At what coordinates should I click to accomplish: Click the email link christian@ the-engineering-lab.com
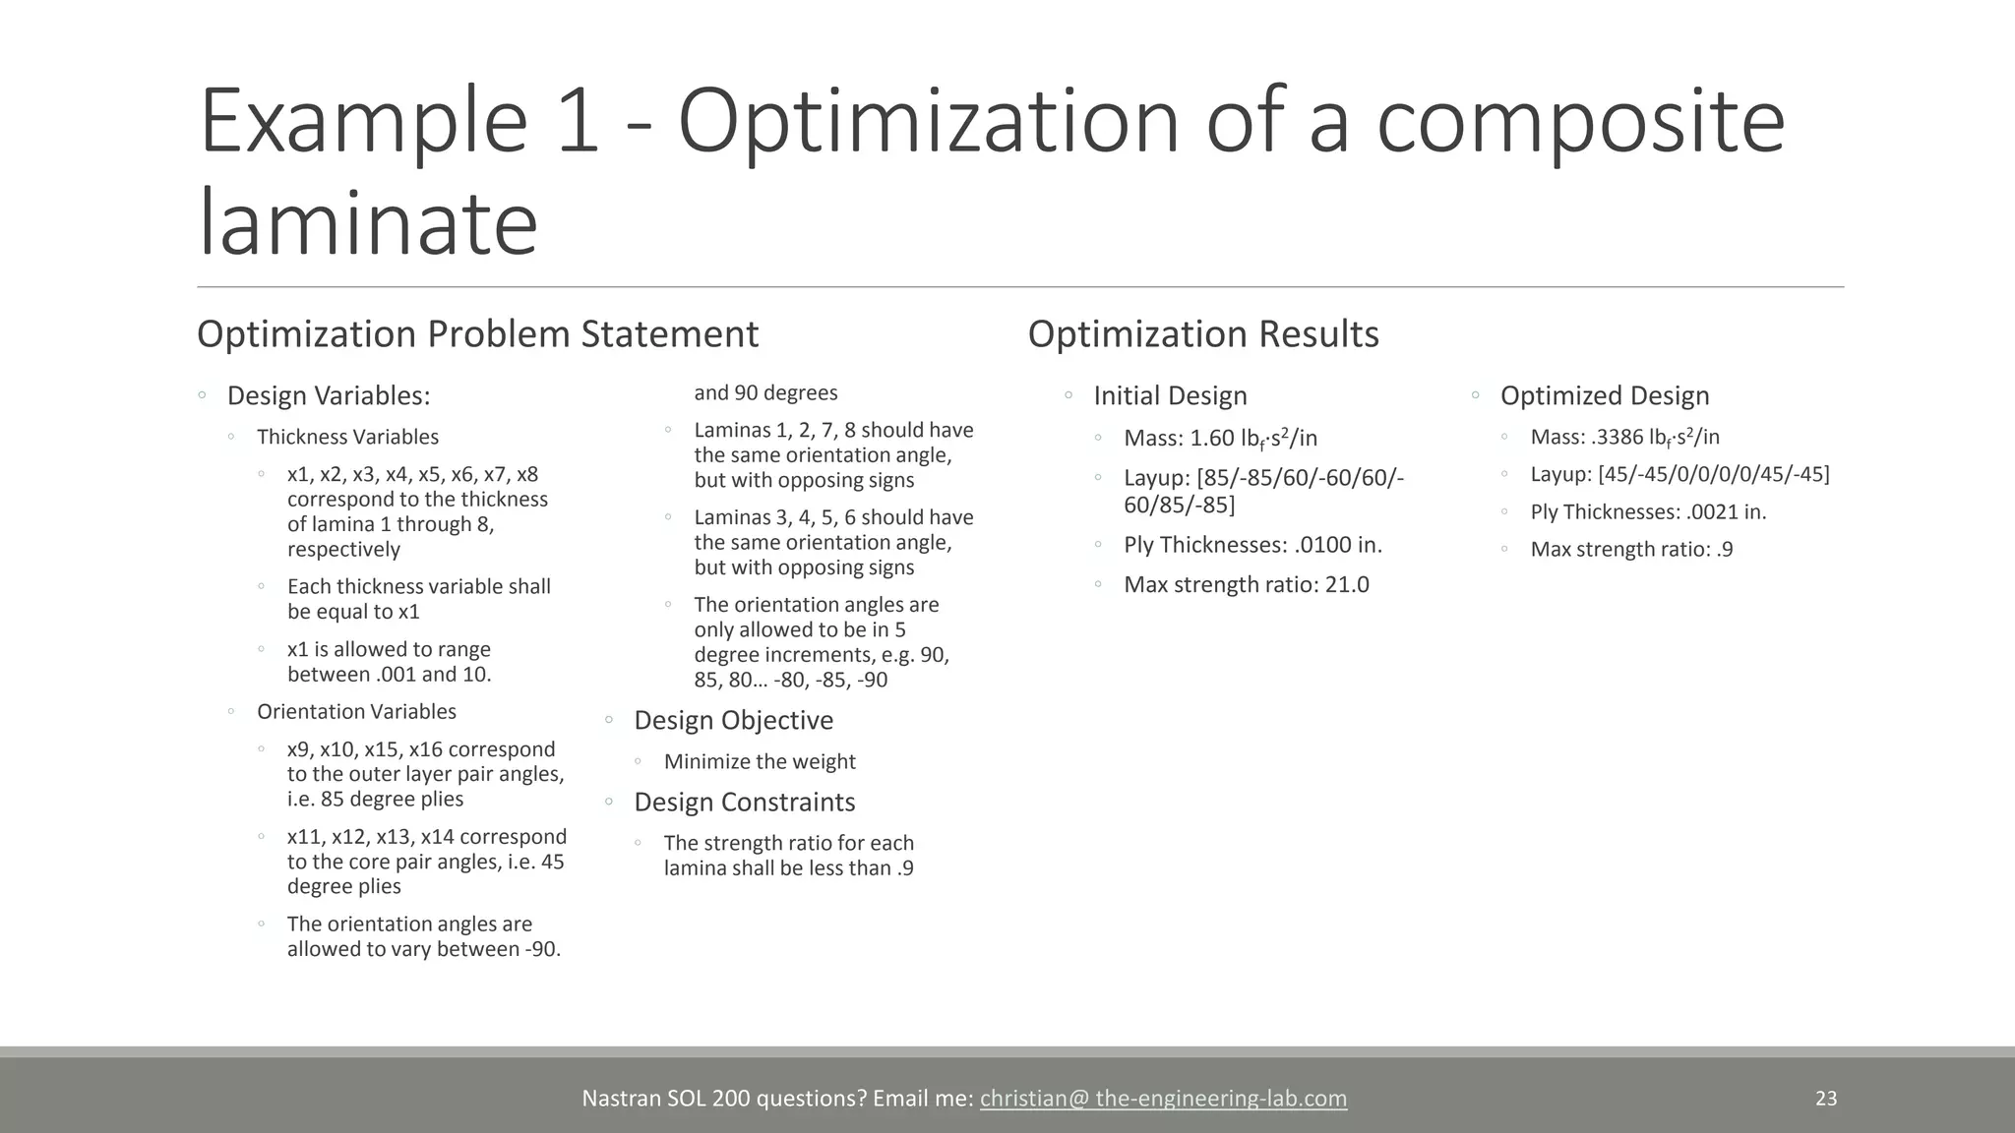(1163, 1099)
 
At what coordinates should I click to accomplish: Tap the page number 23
(1826, 1099)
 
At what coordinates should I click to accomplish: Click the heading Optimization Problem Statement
(477, 334)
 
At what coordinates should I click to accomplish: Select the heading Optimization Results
(1203, 334)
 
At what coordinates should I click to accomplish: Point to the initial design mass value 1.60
(1212, 438)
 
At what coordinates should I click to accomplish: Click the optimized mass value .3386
(1616, 437)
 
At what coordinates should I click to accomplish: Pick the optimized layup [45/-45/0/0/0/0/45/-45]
(1714, 474)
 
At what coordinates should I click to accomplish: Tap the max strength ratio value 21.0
(1347, 584)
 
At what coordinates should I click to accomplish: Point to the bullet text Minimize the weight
(760, 761)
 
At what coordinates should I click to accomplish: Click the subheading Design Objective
(733, 720)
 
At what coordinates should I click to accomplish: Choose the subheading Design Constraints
(744, 802)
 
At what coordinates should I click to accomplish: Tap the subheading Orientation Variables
(356, 711)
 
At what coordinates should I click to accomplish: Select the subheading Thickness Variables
(347, 437)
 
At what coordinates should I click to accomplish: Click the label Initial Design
(1170, 395)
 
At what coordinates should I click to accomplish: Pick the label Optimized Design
(1604, 395)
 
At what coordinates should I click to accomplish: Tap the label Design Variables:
(329, 395)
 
